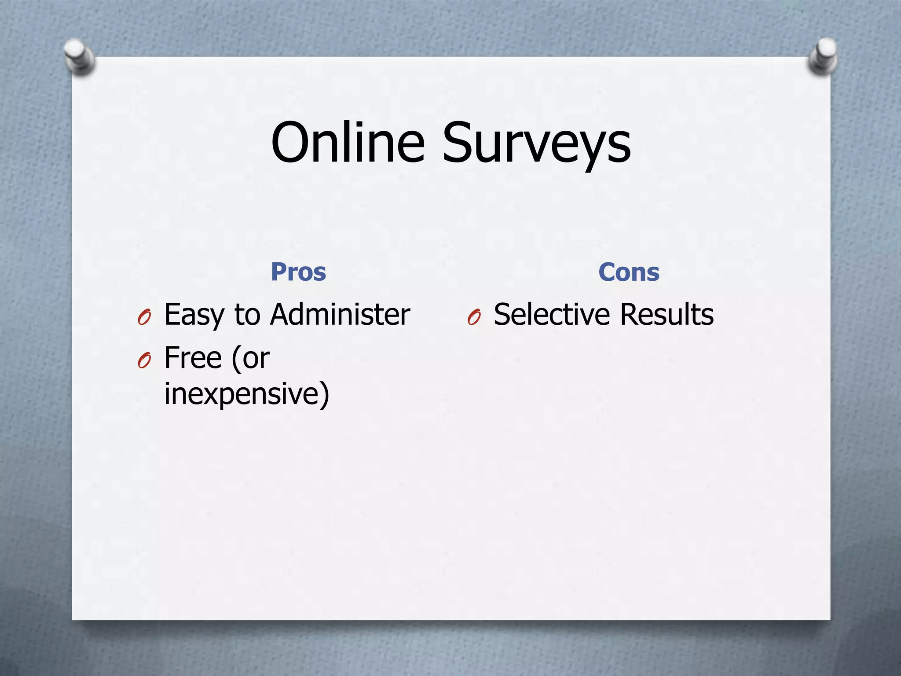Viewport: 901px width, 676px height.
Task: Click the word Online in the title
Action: (x=348, y=143)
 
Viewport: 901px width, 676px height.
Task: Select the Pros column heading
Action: (x=298, y=272)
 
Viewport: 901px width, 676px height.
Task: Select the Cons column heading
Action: (x=629, y=272)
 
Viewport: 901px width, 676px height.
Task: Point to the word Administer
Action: (x=340, y=314)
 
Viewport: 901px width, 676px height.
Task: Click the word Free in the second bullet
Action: (x=193, y=357)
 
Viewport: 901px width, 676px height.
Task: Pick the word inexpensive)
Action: (x=246, y=393)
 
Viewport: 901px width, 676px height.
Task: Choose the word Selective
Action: (x=552, y=314)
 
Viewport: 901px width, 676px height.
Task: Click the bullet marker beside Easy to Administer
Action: (x=144, y=317)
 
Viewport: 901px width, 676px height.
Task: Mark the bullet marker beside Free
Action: (x=144, y=361)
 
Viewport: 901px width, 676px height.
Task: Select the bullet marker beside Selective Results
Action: (x=474, y=317)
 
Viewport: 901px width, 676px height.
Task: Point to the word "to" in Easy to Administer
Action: (x=247, y=314)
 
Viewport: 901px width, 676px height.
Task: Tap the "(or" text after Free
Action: (x=250, y=357)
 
